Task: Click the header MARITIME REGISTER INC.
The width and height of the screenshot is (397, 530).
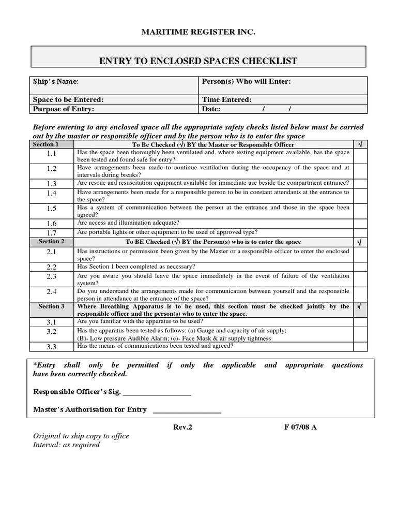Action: (198, 33)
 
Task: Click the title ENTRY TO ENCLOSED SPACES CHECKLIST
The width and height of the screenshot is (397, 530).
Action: (198, 61)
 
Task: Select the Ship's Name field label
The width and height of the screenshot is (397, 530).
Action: (56, 81)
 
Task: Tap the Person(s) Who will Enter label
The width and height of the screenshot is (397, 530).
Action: (246, 81)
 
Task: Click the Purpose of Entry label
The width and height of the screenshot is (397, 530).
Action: (64, 109)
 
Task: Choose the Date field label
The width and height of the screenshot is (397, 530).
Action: (211, 109)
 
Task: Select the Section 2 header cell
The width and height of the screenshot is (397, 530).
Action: (51, 242)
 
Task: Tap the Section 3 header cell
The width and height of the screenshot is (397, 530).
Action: (51, 306)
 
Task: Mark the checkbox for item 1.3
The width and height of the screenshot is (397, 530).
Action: (360, 183)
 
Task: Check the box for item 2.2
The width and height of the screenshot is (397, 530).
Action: (360, 267)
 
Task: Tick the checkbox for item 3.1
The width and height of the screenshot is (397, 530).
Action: (360, 322)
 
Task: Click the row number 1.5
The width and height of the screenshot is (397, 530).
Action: (51, 208)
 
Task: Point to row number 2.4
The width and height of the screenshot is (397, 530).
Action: (51, 292)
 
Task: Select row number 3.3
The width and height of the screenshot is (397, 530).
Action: (51, 347)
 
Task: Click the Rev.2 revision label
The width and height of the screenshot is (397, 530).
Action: (183, 428)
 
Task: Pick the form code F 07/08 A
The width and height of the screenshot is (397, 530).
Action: (299, 428)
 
